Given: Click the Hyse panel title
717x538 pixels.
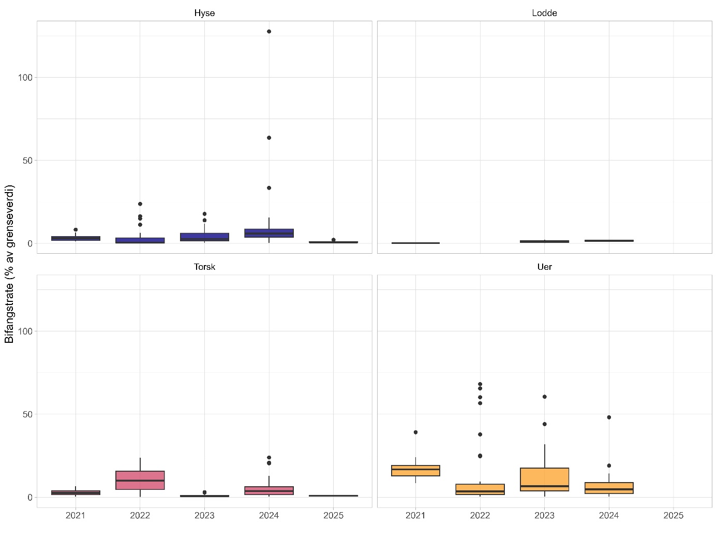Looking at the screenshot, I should point(204,13).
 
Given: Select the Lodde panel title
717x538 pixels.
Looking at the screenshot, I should point(544,13).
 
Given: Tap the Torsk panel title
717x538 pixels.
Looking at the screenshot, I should point(204,267).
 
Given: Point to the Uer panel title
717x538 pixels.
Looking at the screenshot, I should point(544,267).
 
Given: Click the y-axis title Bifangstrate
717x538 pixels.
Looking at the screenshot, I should point(9,264).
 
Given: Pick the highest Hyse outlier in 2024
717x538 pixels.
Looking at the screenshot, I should point(269,32).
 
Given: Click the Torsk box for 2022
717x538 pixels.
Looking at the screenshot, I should point(140,480).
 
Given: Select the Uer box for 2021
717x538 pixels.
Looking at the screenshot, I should point(415,470).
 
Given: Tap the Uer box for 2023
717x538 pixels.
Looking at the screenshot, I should point(544,479).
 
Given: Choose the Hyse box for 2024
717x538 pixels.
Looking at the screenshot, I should point(269,233).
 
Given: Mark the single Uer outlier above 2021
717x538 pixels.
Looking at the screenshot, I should point(415,432).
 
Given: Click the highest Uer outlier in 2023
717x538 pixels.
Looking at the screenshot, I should point(544,397).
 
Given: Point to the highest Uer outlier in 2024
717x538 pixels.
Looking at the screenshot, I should point(609,417).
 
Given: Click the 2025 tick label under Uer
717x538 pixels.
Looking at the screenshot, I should point(673,515).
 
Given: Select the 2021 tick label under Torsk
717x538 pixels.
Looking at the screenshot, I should point(76,515).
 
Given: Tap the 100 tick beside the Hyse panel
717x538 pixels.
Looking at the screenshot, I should point(25,78).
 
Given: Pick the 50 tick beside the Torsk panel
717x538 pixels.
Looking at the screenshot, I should point(27,414).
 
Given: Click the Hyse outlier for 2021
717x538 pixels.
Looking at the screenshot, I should point(76,229).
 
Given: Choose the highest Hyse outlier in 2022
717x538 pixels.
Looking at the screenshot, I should point(140,204).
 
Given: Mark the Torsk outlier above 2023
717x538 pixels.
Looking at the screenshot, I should point(204,492).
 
